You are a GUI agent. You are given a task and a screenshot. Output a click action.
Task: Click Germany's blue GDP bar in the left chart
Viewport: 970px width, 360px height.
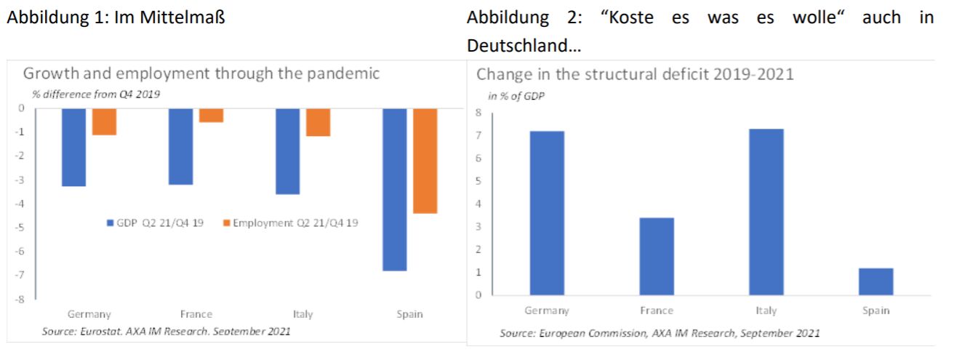[73, 148]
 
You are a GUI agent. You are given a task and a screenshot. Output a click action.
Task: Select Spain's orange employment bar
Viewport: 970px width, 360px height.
[425, 161]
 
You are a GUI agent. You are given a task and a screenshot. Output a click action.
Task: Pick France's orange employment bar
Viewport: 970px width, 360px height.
[211, 115]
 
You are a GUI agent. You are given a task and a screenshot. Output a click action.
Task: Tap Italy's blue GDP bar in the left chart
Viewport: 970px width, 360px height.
[287, 151]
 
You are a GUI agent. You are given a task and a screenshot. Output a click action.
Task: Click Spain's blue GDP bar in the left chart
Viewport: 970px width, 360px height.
[394, 189]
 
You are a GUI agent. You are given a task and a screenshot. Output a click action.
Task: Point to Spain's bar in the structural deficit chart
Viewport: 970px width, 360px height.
[875, 281]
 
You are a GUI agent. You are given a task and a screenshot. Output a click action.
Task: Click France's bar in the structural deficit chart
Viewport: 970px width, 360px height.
[657, 256]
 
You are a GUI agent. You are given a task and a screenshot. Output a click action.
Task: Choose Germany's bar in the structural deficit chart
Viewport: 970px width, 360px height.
[547, 213]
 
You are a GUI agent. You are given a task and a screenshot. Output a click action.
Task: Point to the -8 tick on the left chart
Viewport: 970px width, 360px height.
[21, 299]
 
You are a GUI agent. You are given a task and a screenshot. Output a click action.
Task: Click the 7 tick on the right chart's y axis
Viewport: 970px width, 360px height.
[478, 135]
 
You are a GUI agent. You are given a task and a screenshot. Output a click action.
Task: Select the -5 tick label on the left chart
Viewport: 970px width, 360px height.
[21, 228]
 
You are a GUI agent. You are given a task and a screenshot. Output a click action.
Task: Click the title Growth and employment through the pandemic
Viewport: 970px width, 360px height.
[201, 73]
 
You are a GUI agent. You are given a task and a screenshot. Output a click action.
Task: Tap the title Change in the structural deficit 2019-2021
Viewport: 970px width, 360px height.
[635, 74]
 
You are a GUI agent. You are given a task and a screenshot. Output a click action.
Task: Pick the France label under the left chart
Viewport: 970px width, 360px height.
[196, 314]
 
